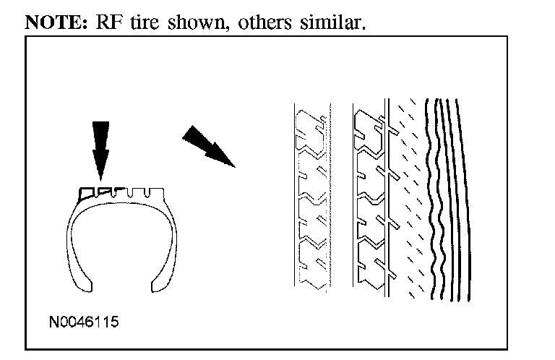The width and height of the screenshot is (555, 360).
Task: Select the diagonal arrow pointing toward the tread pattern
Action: (208, 146)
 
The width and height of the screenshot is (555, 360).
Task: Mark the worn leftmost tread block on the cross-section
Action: (87, 192)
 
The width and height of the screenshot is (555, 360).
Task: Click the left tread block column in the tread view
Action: (312, 199)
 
